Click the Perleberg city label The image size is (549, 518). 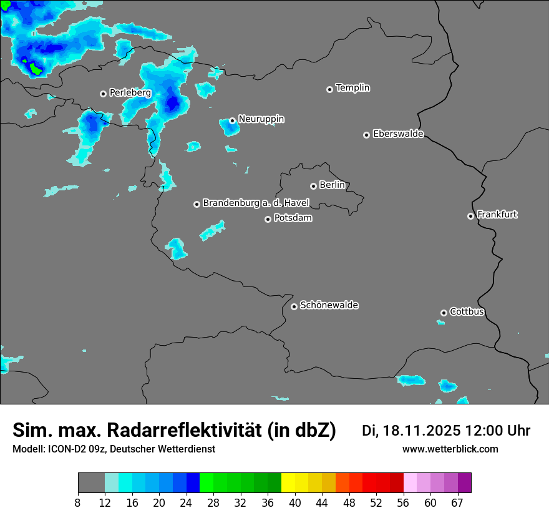(130, 93)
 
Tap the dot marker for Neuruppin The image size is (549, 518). (232, 120)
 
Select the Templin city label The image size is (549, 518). (353, 88)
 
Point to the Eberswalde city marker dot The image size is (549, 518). (366, 135)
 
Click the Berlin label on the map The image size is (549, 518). (332, 185)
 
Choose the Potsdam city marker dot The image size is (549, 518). (268, 219)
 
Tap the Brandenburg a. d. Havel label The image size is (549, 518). (256, 203)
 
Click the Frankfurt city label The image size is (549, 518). (497, 215)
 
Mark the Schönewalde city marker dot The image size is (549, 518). (294, 306)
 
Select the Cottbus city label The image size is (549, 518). (467, 312)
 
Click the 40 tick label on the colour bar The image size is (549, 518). (296, 502)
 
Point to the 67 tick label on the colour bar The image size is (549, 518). (457, 502)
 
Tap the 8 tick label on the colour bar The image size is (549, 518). (77, 502)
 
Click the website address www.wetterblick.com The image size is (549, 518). (450, 449)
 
